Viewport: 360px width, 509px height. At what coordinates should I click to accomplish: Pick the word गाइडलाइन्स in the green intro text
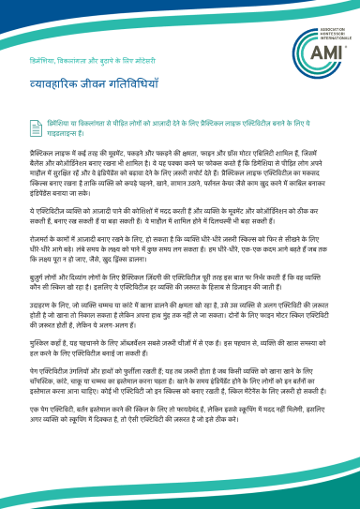coord(67,132)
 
